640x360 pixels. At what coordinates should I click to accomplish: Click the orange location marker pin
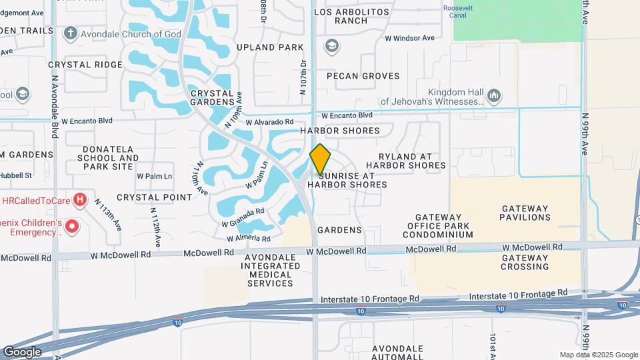[320, 159]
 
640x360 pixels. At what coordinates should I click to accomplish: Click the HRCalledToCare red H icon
[80, 199]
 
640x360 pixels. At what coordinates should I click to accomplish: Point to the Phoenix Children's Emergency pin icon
[72, 227]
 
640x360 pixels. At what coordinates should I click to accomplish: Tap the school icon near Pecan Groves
[331, 46]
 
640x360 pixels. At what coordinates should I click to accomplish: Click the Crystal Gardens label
[211, 97]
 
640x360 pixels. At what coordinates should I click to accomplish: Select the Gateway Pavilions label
[526, 213]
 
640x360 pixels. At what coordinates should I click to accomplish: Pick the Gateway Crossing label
[525, 262]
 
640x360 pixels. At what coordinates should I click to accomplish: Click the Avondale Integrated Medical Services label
[270, 270]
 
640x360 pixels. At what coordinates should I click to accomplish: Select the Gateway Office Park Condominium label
[438, 226]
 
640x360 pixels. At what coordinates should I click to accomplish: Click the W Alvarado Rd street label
[269, 122]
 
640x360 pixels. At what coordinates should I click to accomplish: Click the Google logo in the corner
[22, 351]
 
